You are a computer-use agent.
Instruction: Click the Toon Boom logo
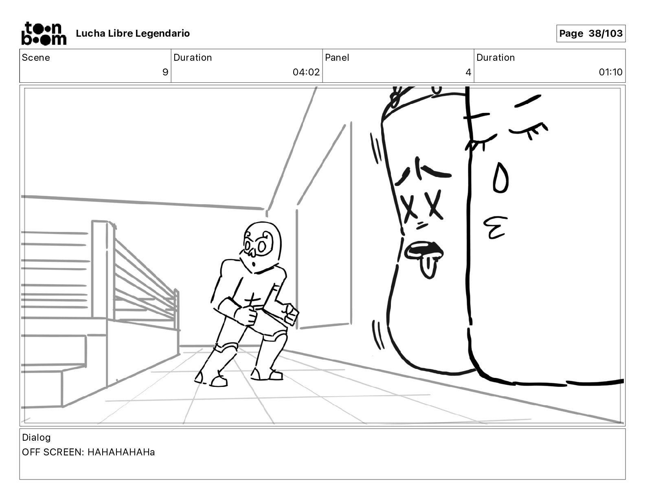tap(44, 33)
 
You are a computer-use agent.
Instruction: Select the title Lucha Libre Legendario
tap(133, 33)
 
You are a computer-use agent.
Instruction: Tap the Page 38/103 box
tap(591, 33)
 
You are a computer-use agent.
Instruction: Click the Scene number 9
tap(165, 72)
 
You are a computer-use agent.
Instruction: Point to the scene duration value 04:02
tap(306, 72)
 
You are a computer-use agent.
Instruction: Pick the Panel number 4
tap(468, 72)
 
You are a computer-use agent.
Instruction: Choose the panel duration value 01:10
tap(610, 72)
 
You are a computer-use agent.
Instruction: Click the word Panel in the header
tap(337, 57)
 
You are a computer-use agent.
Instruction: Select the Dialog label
tap(36, 437)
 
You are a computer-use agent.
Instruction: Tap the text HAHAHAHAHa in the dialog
tap(121, 452)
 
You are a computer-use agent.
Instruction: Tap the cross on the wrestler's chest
tap(252, 300)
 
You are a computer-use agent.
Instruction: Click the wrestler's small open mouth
tap(254, 264)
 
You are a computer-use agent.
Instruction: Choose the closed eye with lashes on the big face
tap(529, 131)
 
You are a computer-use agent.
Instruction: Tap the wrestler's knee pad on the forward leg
tap(226, 348)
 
